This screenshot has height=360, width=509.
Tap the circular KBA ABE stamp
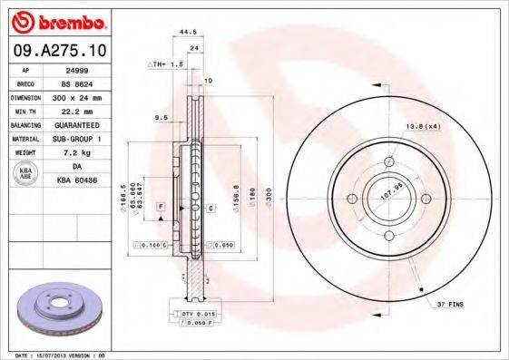[x=25, y=175]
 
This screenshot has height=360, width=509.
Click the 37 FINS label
[x=448, y=305]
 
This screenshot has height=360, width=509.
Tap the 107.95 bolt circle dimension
[x=389, y=193]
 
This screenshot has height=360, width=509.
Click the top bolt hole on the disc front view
[x=389, y=162]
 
